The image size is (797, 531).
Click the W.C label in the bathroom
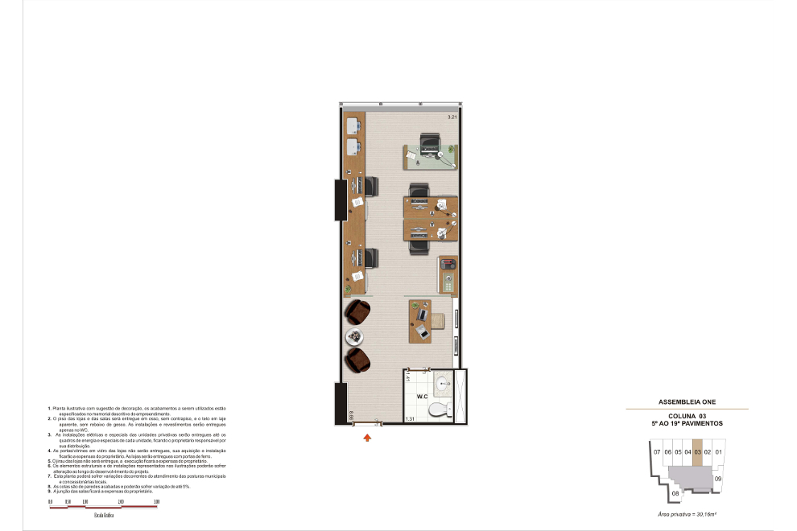point(422,397)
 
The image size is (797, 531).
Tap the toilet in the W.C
point(438,410)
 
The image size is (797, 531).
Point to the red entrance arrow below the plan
point(368,438)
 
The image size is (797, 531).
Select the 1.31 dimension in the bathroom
point(410,419)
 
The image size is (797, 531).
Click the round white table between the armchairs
point(354,337)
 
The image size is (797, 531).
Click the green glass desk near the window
point(430,157)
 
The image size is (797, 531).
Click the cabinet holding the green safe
point(448,275)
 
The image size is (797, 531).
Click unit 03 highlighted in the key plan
point(697,452)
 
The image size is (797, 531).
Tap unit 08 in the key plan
point(675,492)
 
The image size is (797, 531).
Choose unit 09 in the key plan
point(718,479)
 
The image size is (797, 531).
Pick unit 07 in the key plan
point(657,452)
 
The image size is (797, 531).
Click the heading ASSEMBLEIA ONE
point(687,401)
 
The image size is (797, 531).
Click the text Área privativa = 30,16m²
point(687,512)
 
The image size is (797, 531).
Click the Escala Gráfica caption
point(104,514)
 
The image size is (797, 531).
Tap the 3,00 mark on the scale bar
point(156,501)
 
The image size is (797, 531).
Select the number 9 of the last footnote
point(49,490)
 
